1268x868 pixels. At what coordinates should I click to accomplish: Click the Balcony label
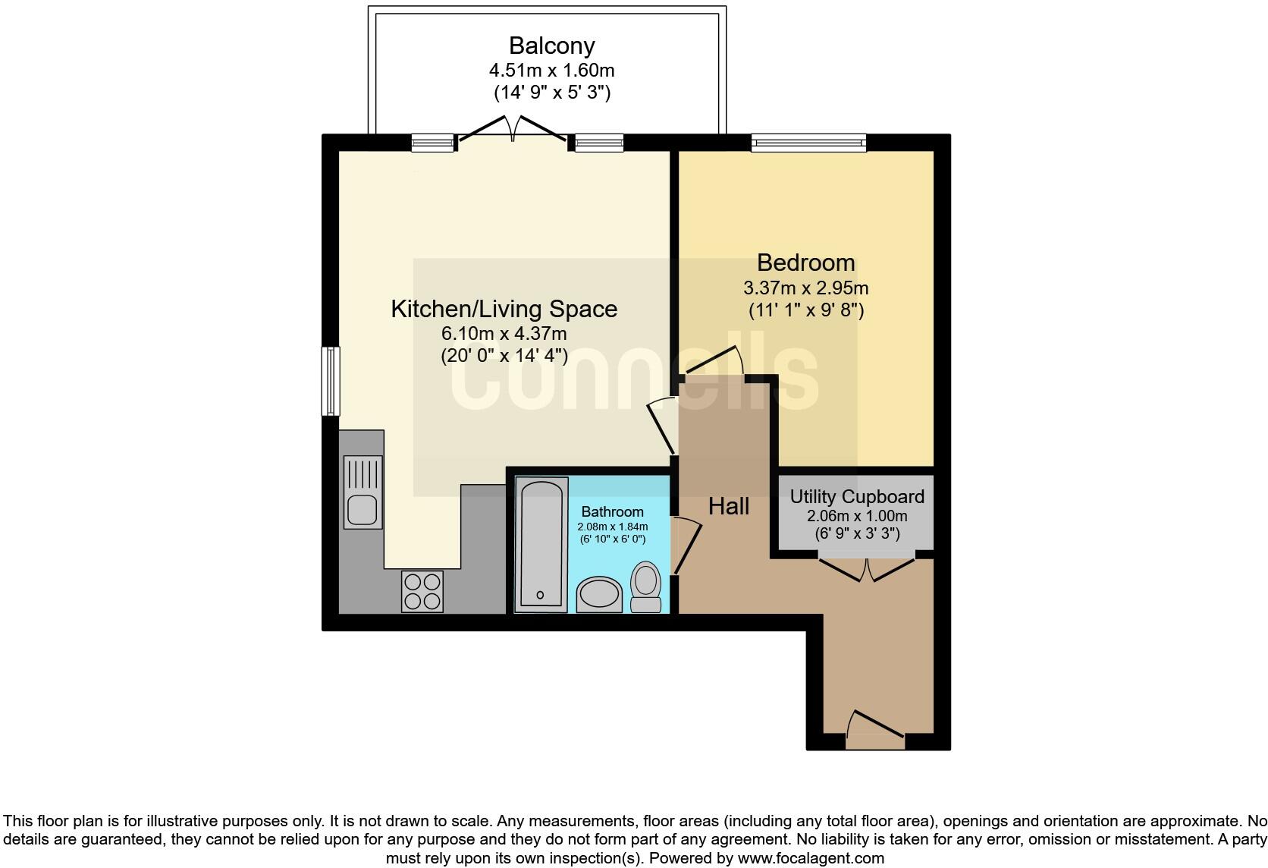(551, 46)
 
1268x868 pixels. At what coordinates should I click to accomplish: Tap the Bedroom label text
(805, 263)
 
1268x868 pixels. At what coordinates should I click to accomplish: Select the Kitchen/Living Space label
(504, 309)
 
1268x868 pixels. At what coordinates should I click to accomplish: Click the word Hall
(728, 506)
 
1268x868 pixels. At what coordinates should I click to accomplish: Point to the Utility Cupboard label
(857, 497)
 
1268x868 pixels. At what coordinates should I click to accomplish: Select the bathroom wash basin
(599, 595)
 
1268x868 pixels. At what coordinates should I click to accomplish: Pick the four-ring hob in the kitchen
(422, 591)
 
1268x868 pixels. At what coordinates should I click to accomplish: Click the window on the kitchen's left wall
(331, 381)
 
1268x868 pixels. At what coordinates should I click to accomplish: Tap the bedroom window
(808, 143)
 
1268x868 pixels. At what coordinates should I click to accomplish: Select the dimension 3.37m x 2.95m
(805, 288)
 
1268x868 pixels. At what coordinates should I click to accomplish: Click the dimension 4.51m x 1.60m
(551, 71)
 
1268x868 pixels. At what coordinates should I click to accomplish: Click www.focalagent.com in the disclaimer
(810, 858)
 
